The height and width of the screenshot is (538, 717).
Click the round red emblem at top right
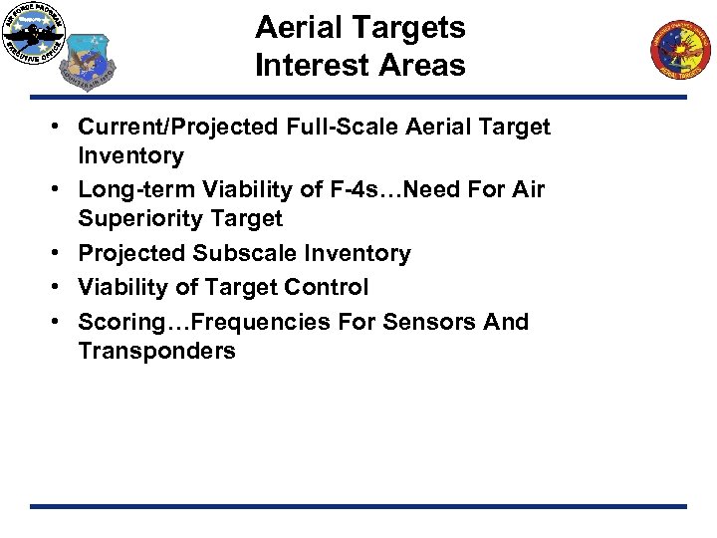[x=683, y=50]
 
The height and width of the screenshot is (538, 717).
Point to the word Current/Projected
[x=179, y=127]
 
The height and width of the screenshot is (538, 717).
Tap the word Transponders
[x=156, y=351]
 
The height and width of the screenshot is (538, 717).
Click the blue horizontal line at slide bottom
[x=358, y=506]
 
